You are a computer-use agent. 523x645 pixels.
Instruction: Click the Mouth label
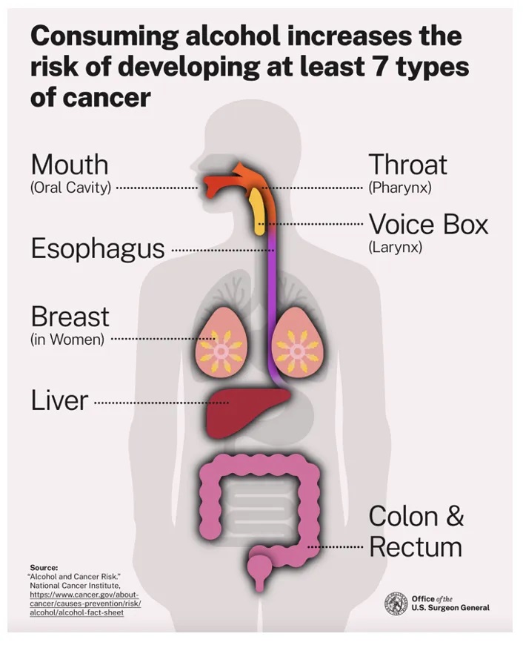tap(70, 165)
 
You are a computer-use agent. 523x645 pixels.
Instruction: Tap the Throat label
tap(407, 165)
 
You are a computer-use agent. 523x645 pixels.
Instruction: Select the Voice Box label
tap(428, 225)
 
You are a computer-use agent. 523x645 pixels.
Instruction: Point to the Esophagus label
tap(98, 250)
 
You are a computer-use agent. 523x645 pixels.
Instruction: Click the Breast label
tap(70, 317)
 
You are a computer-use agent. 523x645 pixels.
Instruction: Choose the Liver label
tap(59, 400)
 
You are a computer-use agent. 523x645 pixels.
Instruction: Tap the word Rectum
tap(416, 547)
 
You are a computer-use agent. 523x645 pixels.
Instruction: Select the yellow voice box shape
tap(258, 211)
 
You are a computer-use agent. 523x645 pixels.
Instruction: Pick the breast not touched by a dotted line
tap(297, 343)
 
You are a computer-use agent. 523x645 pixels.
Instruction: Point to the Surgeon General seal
tap(396, 604)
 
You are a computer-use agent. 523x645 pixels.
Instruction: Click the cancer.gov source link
tap(85, 603)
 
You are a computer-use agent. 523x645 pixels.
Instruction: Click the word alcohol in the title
tap(233, 36)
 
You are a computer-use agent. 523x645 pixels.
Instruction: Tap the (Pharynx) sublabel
tap(400, 188)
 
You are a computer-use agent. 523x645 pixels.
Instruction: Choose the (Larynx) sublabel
tap(395, 248)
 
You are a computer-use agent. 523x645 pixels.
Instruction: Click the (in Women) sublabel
tap(67, 340)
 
